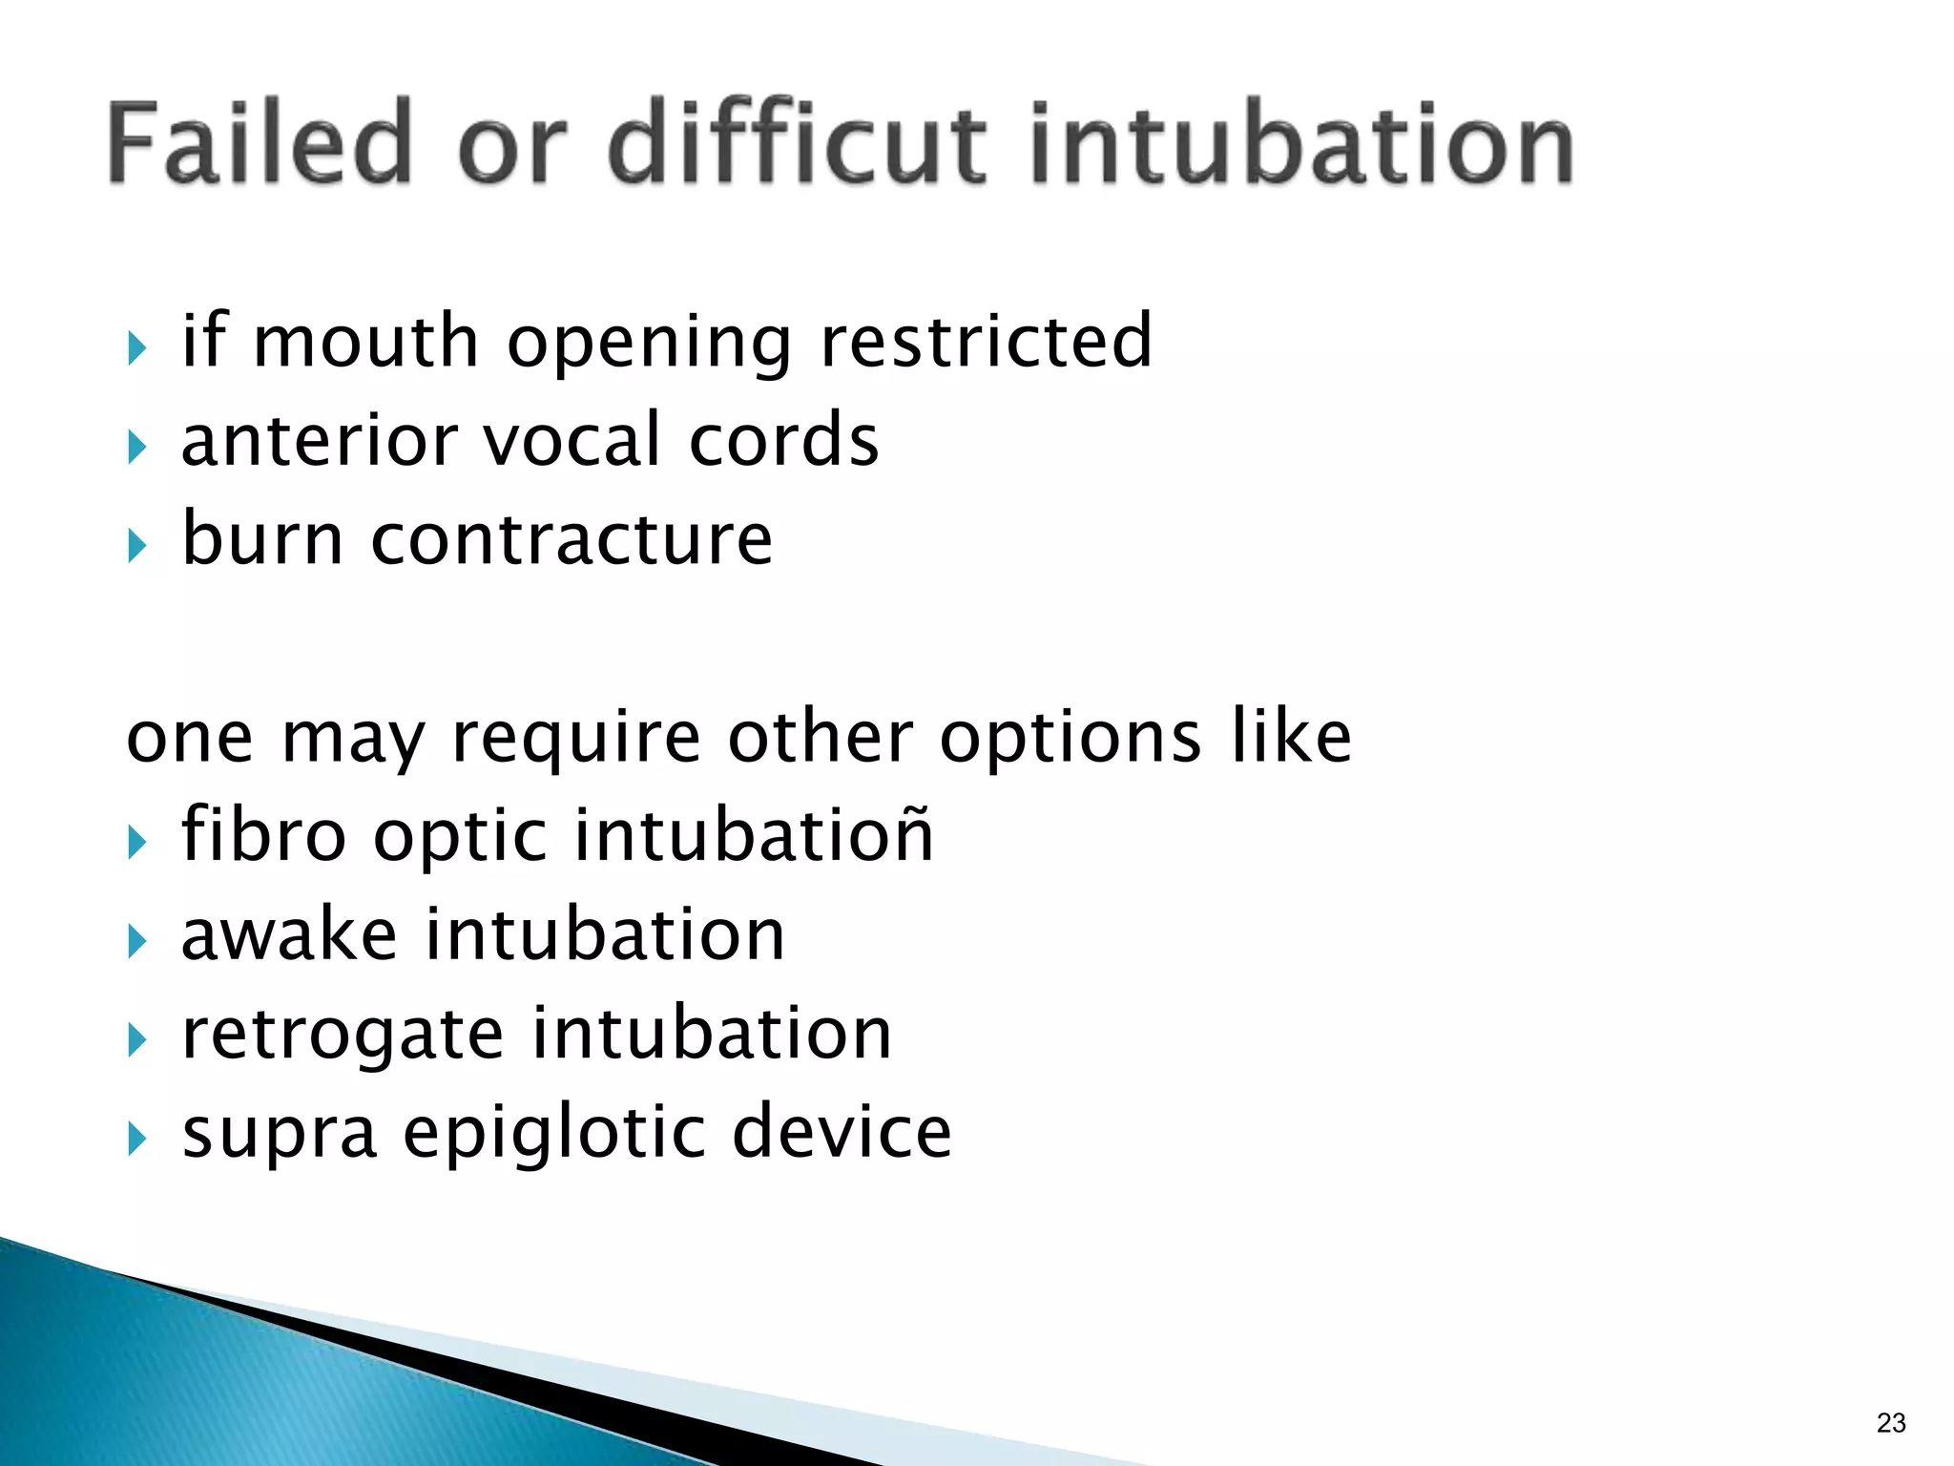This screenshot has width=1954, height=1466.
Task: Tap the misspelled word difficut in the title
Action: [798, 143]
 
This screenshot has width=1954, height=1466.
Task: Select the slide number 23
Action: [1890, 1423]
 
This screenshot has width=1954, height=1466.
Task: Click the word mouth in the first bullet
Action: [365, 342]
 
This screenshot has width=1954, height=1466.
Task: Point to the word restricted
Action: [987, 342]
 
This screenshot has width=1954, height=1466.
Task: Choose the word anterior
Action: [319, 441]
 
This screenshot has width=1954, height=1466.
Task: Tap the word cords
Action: [783, 441]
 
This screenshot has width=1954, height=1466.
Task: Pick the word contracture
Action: [572, 539]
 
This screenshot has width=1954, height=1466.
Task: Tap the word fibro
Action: [263, 836]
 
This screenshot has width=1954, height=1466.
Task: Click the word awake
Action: [288, 935]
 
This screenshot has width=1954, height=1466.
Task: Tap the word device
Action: [842, 1133]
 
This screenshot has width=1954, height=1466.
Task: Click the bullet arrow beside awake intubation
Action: [137, 941]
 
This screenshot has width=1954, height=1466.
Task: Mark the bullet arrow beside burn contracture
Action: [137, 546]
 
